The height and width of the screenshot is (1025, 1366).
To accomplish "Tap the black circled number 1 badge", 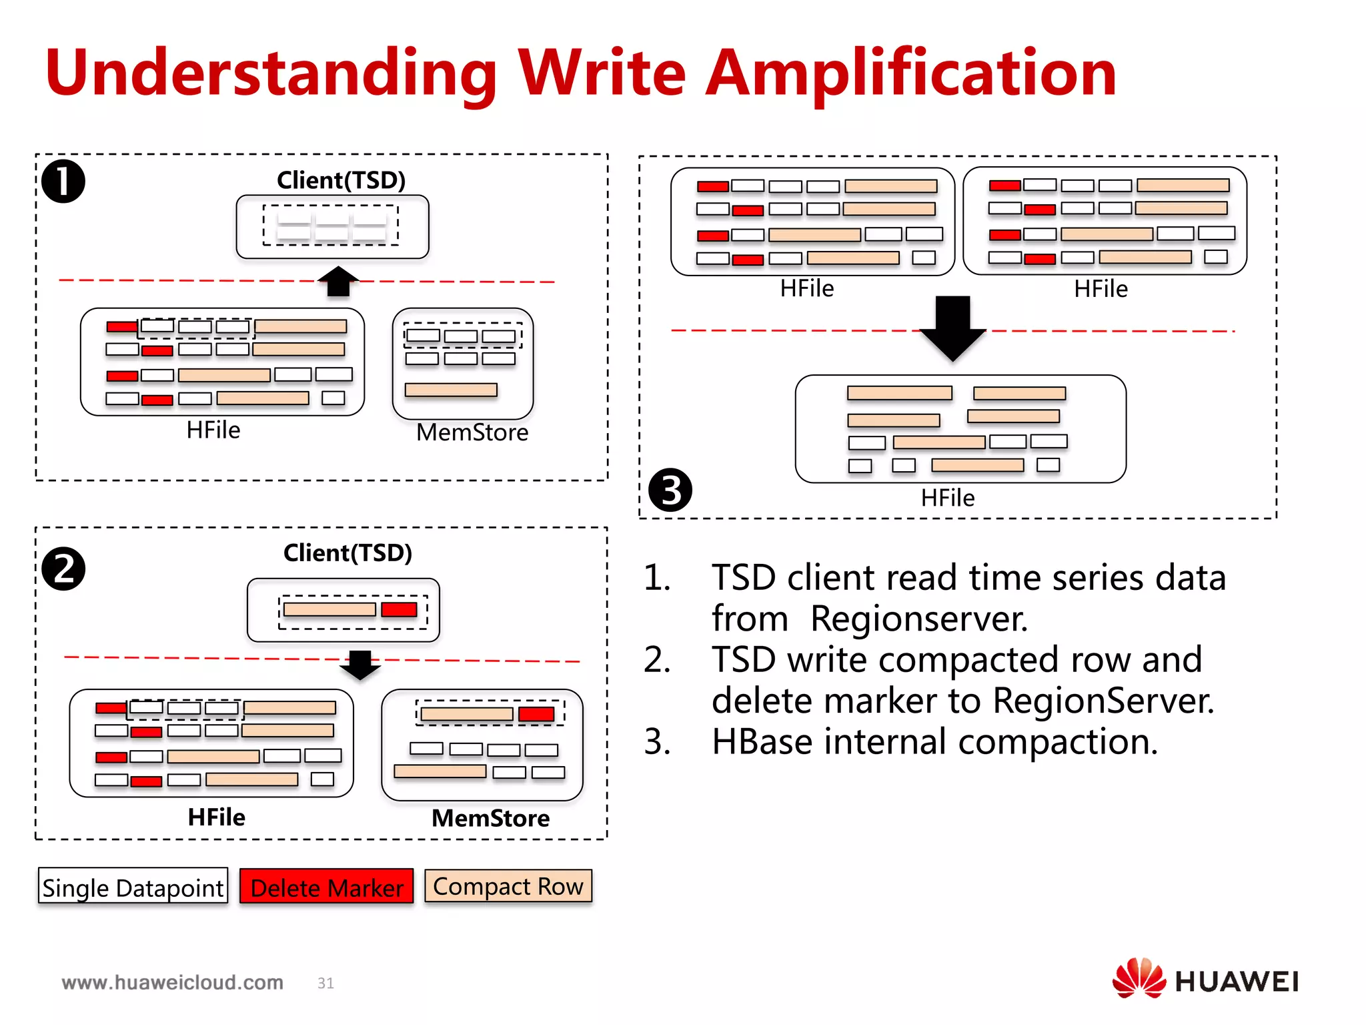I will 63,182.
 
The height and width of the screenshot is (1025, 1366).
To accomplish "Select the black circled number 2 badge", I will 63,569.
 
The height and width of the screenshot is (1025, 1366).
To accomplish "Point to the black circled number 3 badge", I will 670,490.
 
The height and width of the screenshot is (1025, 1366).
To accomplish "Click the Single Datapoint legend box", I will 133,886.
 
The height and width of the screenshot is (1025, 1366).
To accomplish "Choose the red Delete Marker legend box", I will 327,886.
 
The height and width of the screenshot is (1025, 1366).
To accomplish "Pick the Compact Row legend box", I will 508,886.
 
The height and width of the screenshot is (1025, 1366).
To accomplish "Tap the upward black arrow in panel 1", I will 338,281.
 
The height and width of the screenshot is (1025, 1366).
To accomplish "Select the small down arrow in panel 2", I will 360,665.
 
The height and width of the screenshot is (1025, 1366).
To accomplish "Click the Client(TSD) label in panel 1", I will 341,180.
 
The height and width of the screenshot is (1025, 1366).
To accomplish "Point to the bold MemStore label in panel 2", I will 490,818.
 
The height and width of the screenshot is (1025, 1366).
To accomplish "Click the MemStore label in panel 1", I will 472,432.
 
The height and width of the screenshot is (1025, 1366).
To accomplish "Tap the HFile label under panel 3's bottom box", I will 947,498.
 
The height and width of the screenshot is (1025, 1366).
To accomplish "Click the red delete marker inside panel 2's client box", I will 399,609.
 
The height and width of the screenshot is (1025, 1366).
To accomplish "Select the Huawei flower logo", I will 1139,978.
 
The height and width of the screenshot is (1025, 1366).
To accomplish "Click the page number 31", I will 325,983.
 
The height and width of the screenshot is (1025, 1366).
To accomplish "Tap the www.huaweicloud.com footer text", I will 173,982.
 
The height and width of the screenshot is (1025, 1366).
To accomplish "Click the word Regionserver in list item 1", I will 918,619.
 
